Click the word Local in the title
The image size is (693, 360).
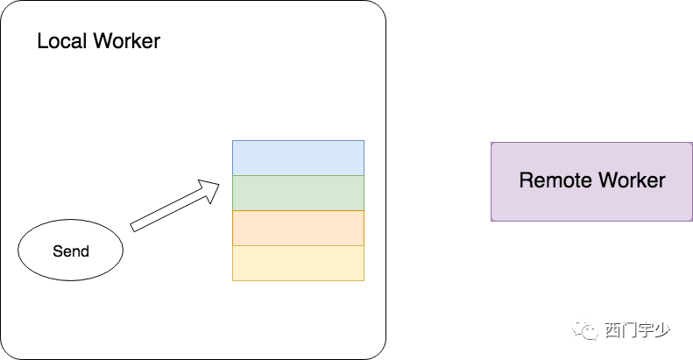tap(62, 41)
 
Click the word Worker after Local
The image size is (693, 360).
tap(127, 41)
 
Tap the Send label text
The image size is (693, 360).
tap(71, 251)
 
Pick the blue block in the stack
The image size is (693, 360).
tap(299, 159)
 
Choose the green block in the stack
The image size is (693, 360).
tap(299, 193)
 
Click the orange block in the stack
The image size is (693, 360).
tap(299, 228)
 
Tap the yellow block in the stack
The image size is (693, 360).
tap(299, 263)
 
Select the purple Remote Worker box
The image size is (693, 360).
tap(591, 181)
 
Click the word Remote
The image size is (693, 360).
tap(555, 180)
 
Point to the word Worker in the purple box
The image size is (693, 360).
tap(632, 180)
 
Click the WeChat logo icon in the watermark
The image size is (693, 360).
tap(584, 329)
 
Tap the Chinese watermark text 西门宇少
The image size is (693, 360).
tap(637, 330)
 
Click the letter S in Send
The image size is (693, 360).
tap(58, 251)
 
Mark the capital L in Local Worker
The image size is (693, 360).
tap(42, 41)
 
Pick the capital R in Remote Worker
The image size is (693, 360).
tap(527, 180)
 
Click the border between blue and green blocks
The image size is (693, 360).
tap(299, 176)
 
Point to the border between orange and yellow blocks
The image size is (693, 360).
tap(299, 245)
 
